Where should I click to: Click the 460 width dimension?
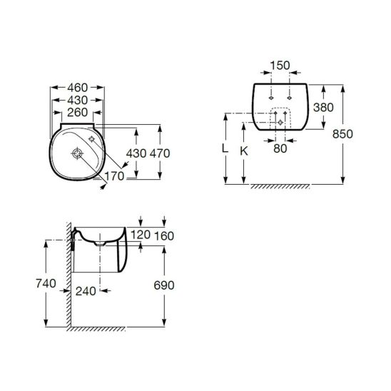[x=77, y=88]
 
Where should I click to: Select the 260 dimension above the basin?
[x=77, y=113]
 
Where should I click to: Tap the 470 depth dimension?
[x=160, y=153]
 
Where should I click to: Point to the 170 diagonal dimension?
[x=114, y=176]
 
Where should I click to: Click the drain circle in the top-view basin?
[x=77, y=153]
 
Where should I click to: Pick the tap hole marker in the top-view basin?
[x=92, y=139]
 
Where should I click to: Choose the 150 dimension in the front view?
[x=280, y=66]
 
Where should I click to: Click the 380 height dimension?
[x=323, y=108]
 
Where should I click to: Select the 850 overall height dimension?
[x=342, y=134]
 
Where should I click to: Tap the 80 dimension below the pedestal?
[x=280, y=148]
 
